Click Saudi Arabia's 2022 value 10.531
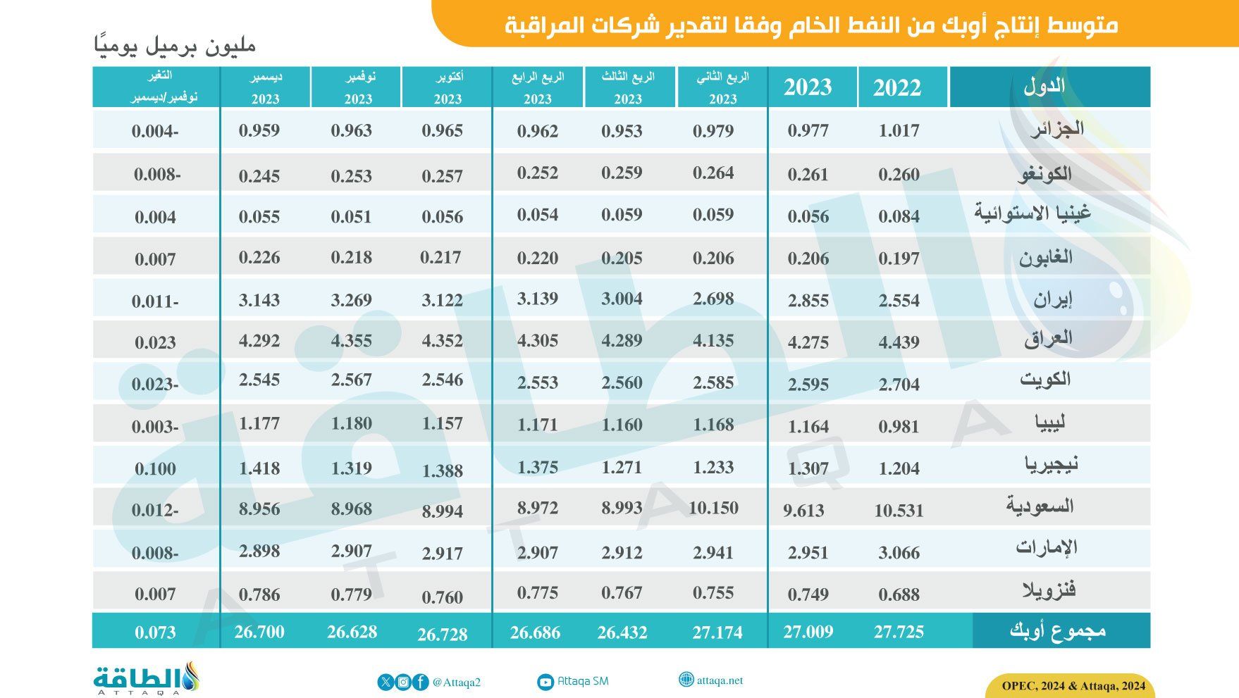coord(899,510)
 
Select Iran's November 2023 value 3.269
coord(351,300)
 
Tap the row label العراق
coord(1048,339)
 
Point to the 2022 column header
coord(897,87)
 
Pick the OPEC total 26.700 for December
coord(259,632)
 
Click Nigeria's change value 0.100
coord(155,468)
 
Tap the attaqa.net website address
coord(720,680)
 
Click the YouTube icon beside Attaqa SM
coord(545,682)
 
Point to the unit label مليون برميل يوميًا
coord(174,45)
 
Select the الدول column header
coord(1044,87)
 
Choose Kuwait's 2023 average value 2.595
coord(808,384)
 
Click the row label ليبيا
coord(1049,423)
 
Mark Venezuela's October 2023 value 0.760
coord(442,597)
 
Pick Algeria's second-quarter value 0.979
coord(713,130)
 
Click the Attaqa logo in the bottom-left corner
coord(147,678)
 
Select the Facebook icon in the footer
coord(420,682)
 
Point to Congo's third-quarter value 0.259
coord(622,173)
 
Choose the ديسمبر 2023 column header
coord(265,87)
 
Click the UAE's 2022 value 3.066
coord(899,552)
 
